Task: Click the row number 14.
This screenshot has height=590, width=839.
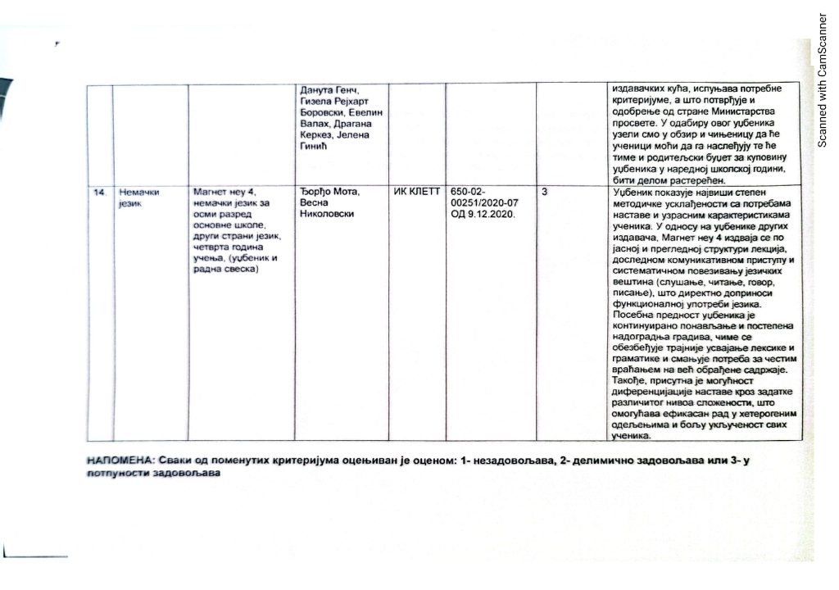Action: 100,193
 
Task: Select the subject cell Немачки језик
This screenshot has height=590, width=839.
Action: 135,197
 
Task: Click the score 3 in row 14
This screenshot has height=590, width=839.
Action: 546,192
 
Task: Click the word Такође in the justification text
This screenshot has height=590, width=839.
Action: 630,381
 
